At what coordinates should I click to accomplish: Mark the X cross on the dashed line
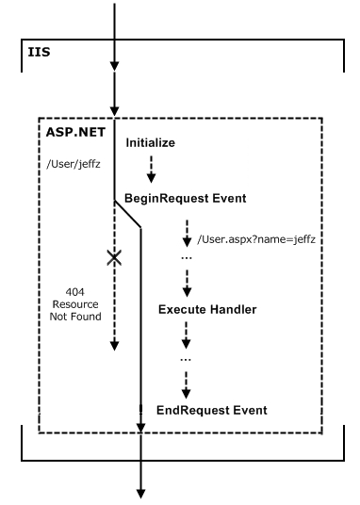(x=115, y=257)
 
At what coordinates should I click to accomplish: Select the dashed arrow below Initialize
(x=148, y=171)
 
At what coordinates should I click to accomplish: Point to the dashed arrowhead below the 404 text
(x=115, y=344)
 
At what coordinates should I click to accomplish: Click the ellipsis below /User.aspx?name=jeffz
(x=185, y=257)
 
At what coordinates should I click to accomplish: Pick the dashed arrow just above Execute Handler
(x=185, y=281)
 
